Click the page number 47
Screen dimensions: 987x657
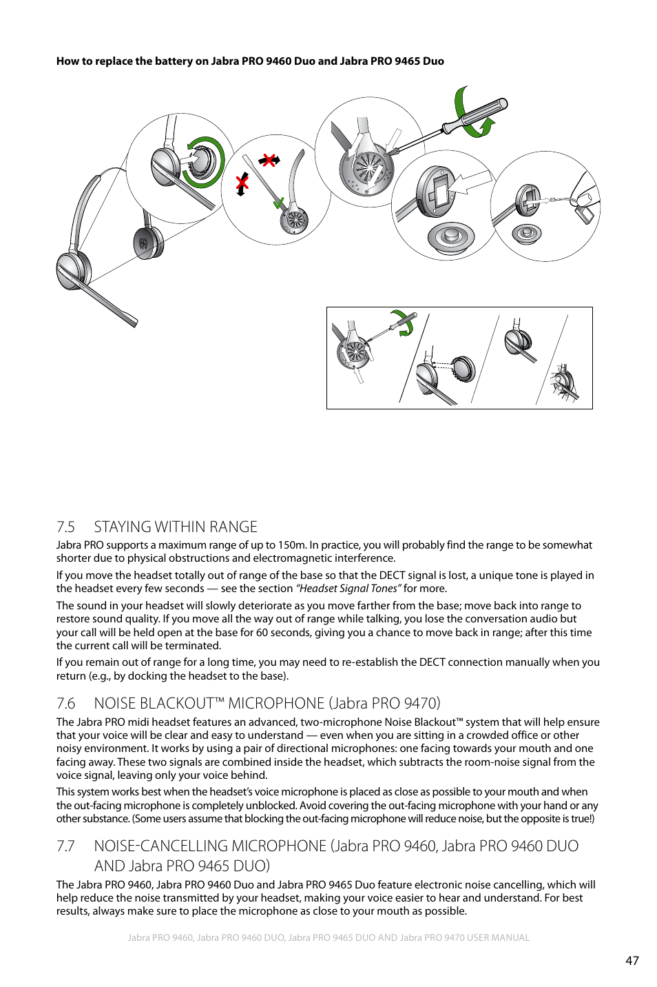[632, 960]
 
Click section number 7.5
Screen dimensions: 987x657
[65, 527]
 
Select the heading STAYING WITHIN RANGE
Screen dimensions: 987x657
[176, 527]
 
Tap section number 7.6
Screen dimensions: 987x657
[65, 704]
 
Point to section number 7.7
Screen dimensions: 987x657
[65, 846]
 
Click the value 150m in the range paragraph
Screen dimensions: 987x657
[292, 545]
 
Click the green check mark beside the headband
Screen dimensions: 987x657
[278, 204]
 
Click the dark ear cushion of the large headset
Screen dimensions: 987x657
[147, 243]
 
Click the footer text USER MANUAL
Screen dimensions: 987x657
[498, 938]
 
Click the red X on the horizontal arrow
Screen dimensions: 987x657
[269, 160]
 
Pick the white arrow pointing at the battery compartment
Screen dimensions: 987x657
[474, 183]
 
